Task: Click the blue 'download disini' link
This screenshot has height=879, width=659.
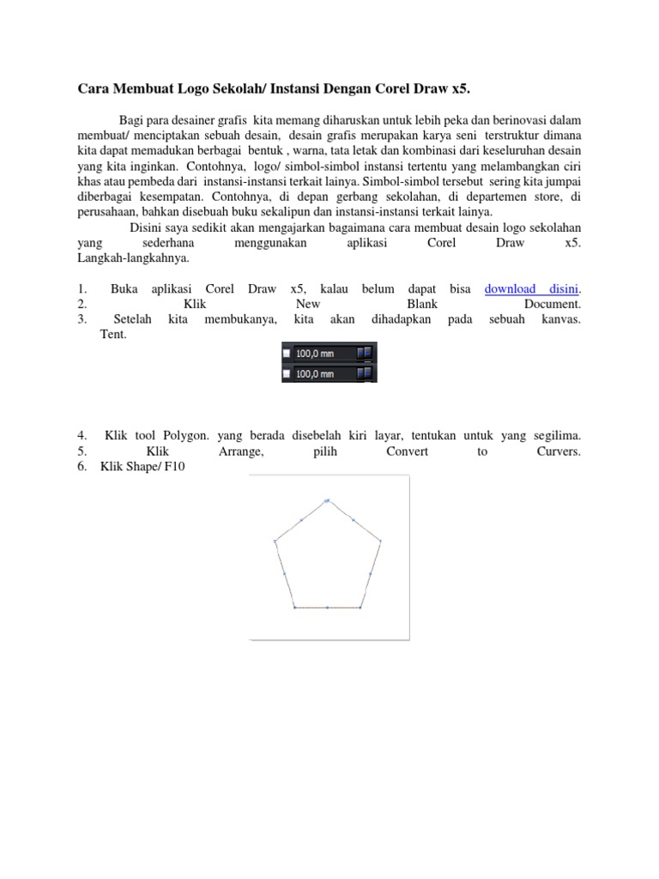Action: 532,289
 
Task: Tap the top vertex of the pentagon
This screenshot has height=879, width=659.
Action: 327,500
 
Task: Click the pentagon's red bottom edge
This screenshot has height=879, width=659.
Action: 327,608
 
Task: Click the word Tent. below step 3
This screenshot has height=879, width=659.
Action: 113,335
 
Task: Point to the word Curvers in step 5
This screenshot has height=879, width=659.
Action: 559,452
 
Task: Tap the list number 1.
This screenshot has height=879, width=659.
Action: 82,289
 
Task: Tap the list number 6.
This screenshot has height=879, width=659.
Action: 82,467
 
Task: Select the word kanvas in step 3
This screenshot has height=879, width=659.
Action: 561,320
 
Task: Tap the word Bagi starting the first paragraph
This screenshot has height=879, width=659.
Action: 130,119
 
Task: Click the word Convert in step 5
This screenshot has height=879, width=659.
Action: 408,452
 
